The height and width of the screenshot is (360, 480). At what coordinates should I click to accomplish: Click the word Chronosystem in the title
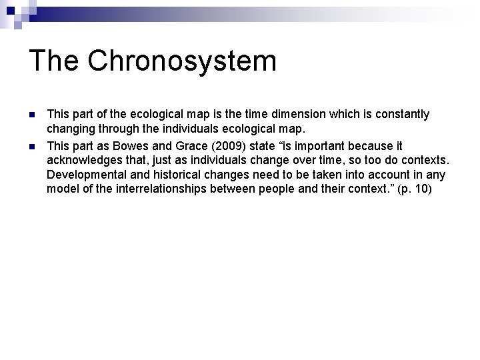pyautogui.click(x=181, y=61)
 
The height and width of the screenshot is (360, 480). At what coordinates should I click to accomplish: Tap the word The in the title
pyautogui.click(x=53, y=61)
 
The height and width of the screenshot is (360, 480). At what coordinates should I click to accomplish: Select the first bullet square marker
pyautogui.click(x=32, y=115)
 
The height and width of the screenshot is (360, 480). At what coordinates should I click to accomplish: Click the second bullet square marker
pyautogui.click(x=32, y=146)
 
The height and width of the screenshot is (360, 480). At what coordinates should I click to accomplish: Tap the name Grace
pyautogui.click(x=195, y=146)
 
